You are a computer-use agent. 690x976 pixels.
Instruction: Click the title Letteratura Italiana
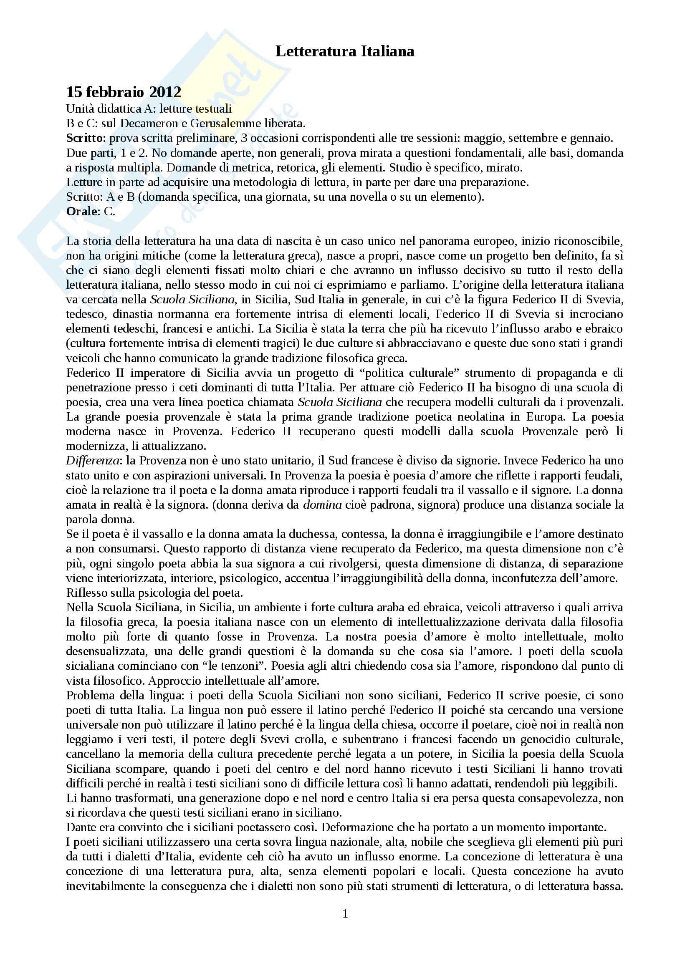point(345,51)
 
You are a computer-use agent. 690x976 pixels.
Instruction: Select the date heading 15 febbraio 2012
point(124,92)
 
